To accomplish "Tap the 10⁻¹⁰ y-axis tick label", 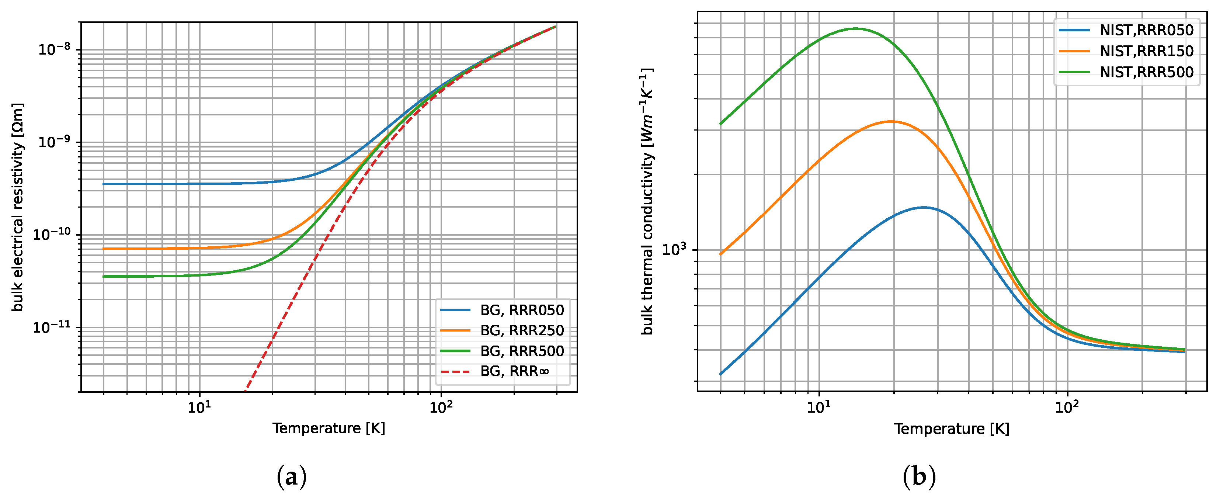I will (x=51, y=234).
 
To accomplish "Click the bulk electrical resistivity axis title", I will (x=18, y=207).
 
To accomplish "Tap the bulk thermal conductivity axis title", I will (x=647, y=201).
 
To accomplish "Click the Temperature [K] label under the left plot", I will (x=329, y=428).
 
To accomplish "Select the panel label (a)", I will (x=291, y=476).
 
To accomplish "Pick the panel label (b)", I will (x=919, y=476).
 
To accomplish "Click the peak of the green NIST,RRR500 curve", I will (x=855, y=28).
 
